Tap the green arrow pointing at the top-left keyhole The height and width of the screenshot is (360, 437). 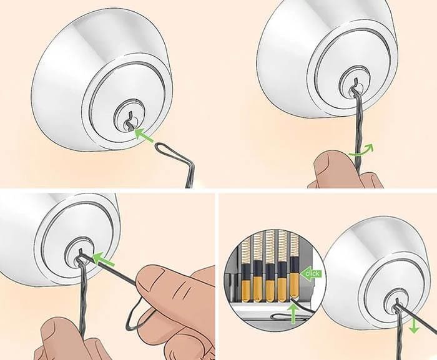click(x=144, y=134)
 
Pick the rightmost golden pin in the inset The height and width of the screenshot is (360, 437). click(x=293, y=284)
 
